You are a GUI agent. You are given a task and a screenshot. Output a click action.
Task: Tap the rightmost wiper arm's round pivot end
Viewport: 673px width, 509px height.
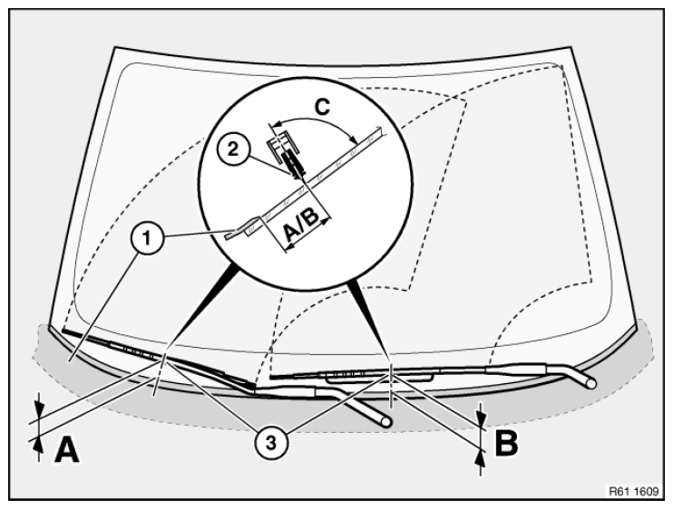[x=593, y=383]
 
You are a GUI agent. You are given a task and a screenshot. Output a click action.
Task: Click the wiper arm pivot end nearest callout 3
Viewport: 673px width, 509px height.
[x=387, y=421]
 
